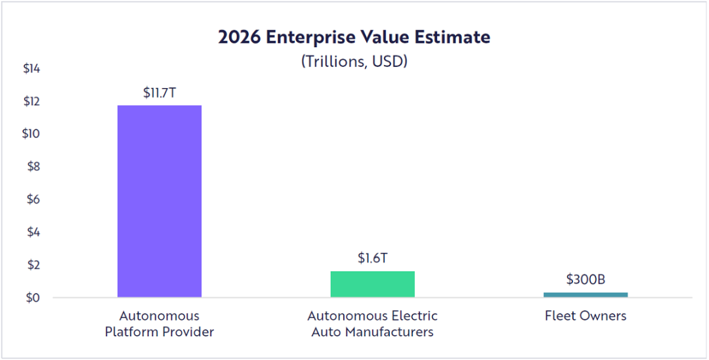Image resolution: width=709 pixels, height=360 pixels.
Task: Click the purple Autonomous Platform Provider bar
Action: tap(160, 201)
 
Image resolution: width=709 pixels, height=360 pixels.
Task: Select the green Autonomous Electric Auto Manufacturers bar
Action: tap(372, 284)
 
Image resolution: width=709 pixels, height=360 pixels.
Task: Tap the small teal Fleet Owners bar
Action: tap(586, 294)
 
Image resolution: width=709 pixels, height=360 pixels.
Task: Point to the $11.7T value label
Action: tap(160, 93)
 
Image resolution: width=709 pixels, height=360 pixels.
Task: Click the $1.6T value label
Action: tap(372, 258)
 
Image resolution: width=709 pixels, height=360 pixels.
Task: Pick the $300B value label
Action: tap(586, 280)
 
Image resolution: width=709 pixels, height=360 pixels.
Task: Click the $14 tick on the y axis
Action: tap(32, 68)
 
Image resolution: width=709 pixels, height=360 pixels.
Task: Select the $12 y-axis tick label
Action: tap(32, 101)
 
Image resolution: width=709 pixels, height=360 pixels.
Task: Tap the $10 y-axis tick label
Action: tap(32, 134)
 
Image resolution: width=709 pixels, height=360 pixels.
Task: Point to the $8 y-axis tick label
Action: tap(33, 167)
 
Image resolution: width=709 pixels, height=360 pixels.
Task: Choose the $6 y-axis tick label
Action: tap(33, 199)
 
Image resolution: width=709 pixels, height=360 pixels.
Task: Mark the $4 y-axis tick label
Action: tap(33, 232)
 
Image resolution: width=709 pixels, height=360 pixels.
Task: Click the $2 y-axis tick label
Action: tap(33, 265)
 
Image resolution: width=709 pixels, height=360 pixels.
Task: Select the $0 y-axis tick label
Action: tap(33, 298)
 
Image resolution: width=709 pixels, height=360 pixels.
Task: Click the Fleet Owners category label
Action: tap(586, 316)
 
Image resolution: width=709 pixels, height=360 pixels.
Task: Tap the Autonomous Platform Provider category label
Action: tap(160, 324)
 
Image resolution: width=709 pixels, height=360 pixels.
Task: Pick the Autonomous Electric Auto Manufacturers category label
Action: tap(372, 324)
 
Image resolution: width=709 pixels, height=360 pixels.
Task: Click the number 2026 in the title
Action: tap(240, 37)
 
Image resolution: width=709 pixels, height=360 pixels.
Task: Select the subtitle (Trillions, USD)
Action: tap(354, 61)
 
